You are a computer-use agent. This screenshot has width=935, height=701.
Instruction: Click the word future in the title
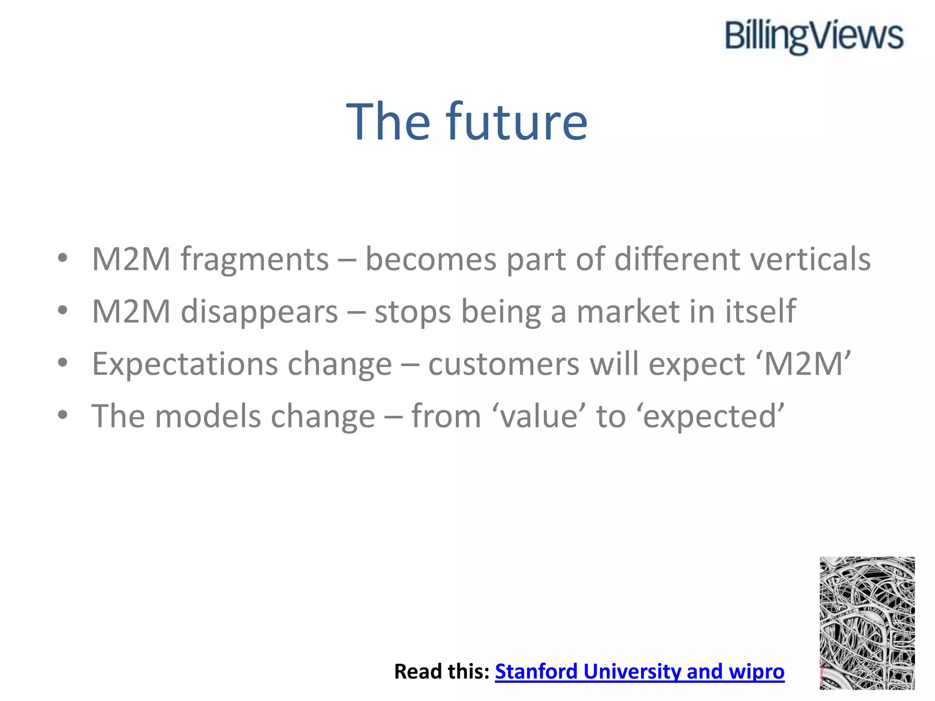tap(517, 122)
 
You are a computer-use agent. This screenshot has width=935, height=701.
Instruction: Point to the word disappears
tap(259, 312)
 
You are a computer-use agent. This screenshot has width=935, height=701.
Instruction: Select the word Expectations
tap(185, 365)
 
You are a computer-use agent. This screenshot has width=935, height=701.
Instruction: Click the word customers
tap(504, 365)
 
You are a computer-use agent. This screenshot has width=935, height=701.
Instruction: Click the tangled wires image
tap(867, 623)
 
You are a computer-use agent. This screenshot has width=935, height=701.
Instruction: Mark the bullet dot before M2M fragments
tap(63, 258)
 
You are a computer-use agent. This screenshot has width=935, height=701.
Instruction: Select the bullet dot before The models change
tap(63, 415)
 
